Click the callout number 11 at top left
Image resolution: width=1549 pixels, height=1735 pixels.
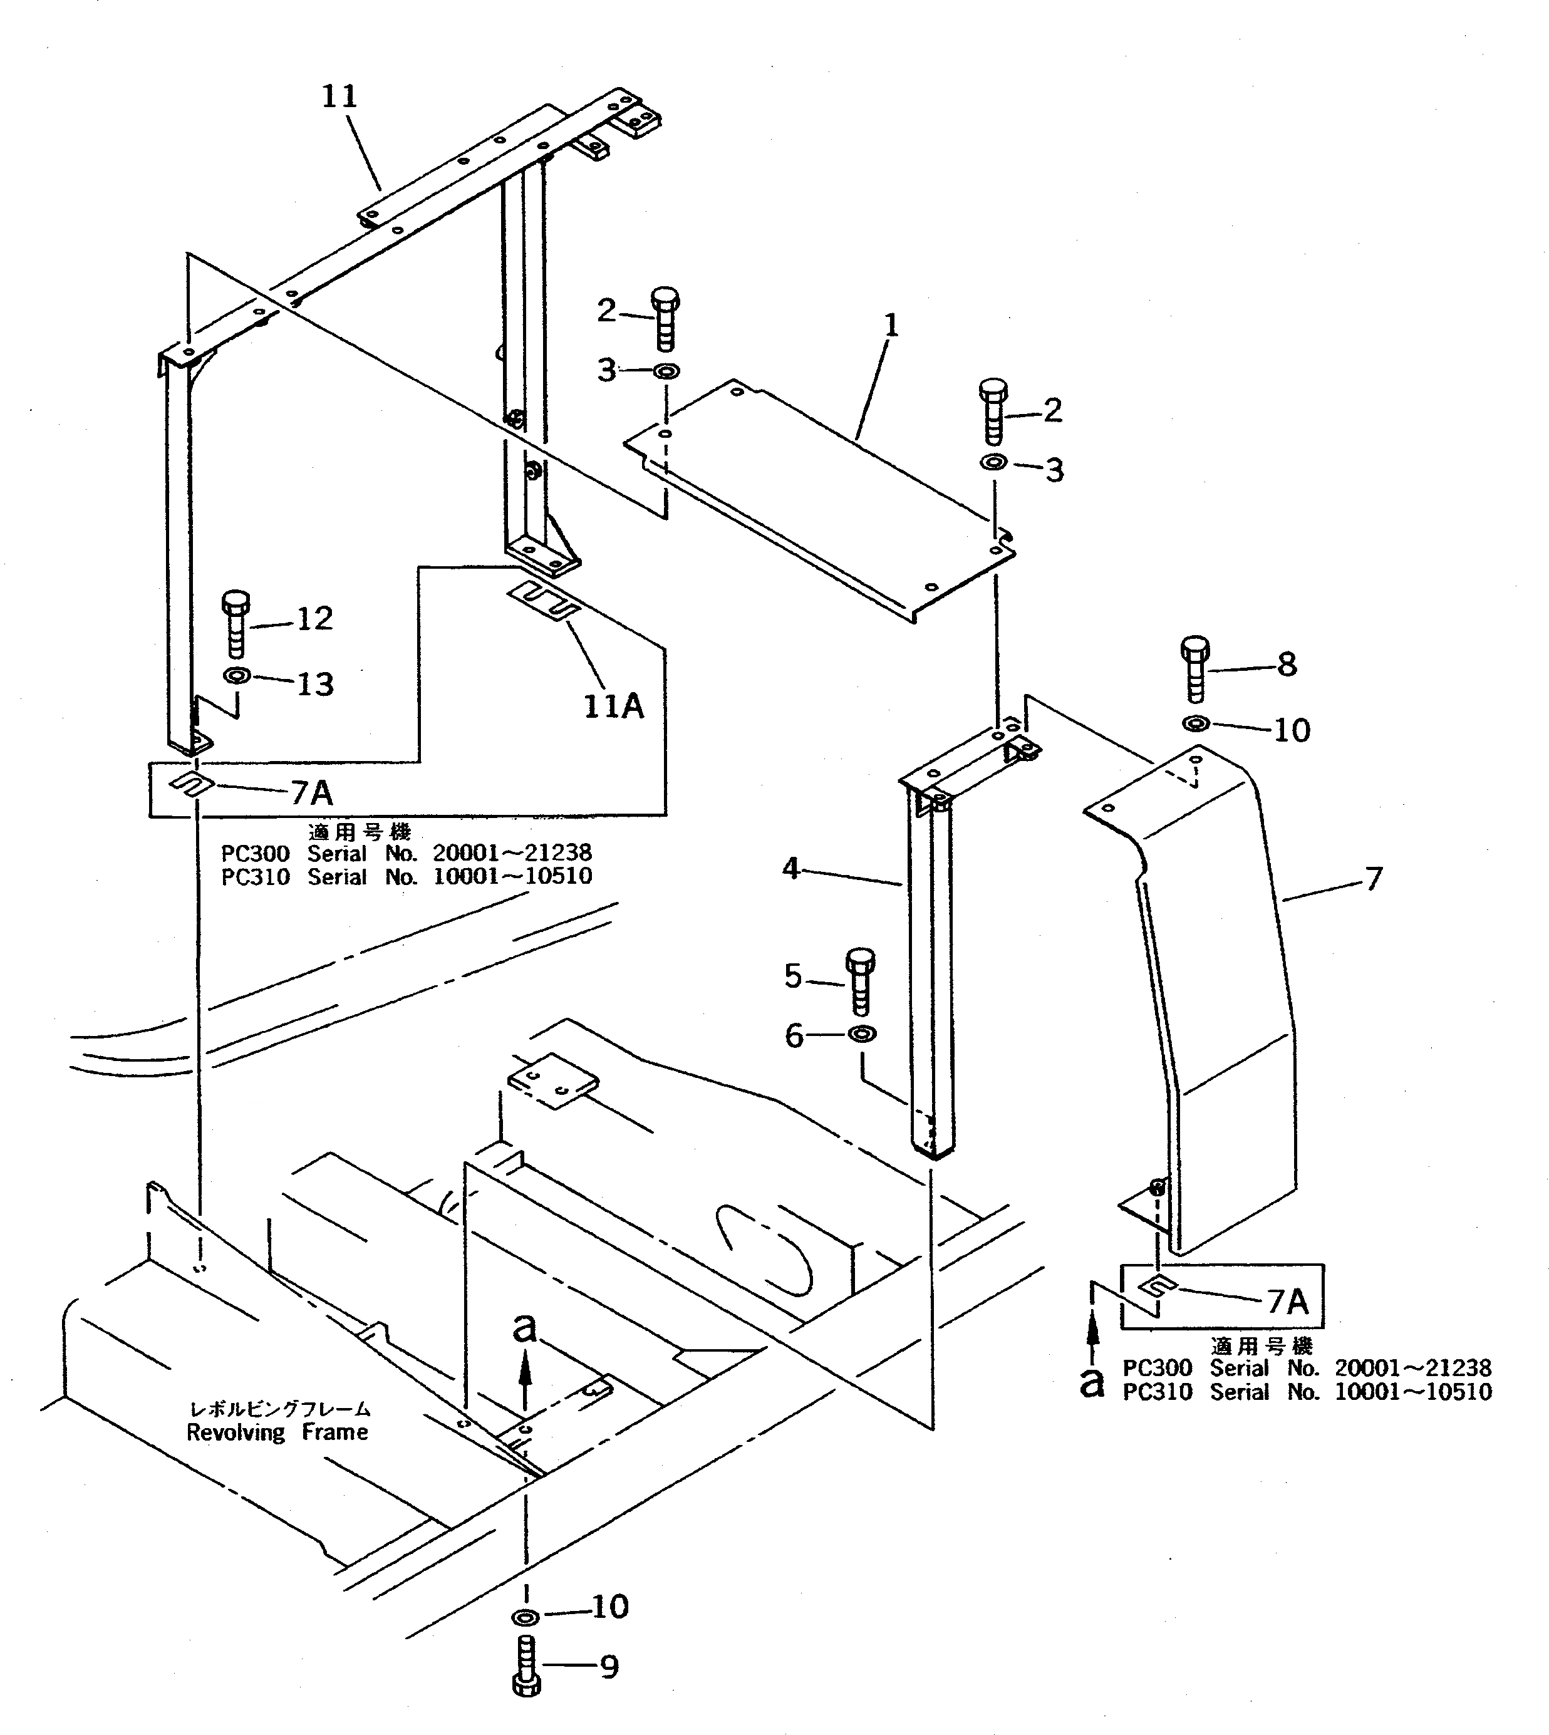[x=339, y=96]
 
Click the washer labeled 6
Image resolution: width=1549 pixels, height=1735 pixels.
[x=861, y=1035]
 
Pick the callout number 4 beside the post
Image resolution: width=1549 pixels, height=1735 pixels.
[x=790, y=869]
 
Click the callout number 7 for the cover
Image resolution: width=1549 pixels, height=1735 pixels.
[x=1373, y=878]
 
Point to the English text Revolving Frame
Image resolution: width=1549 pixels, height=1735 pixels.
[x=277, y=1432]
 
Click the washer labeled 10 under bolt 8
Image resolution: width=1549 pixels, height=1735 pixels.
[x=1196, y=724]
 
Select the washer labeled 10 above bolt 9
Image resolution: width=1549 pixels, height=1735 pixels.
[x=525, y=1616]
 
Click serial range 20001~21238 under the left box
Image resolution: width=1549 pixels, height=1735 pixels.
[x=512, y=852]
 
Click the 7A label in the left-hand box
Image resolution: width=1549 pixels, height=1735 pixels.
[x=311, y=793]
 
